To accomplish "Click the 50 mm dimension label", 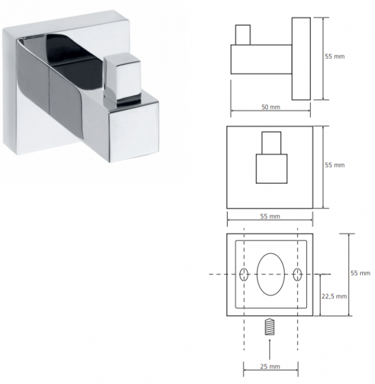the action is (x=271, y=107).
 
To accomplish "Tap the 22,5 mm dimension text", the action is (x=334, y=296).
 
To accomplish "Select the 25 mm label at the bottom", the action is (x=270, y=367).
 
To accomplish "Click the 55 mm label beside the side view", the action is (x=335, y=56).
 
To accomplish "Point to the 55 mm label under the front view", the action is (x=270, y=216).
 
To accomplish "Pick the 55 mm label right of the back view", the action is (x=360, y=273).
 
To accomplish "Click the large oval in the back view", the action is (x=271, y=274).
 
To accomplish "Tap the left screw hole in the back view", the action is (x=244, y=275).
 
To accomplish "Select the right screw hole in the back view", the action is (x=297, y=275).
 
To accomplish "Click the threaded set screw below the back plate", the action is (x=269, y=326).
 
